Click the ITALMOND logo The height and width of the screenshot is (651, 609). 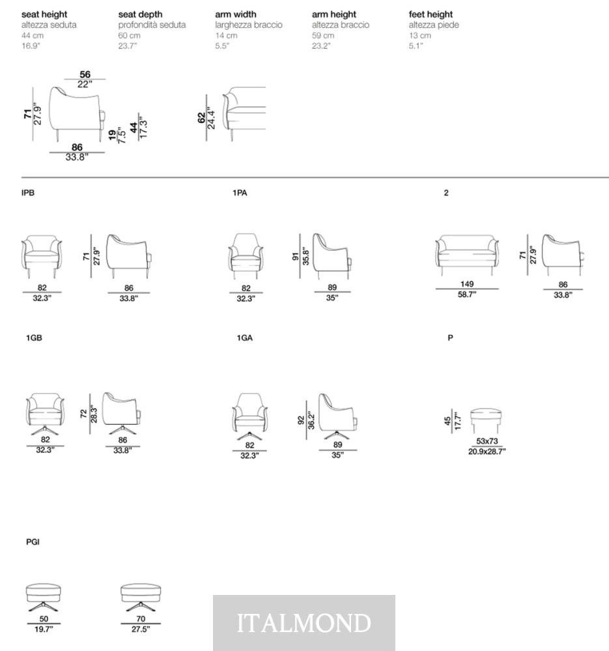pyautogui.click(x=304, y=623)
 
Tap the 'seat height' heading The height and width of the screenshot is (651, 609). pyautogui.click(x=44, y=14)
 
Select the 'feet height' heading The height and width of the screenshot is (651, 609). pyautogui.click(x=431, y=14)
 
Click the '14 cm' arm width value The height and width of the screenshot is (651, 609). pyautogui.click(x=226, y=35)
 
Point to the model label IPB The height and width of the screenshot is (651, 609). pyautogui.click(x=28, y=193)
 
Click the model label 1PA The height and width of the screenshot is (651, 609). pyautogui.click(x=240, y=193)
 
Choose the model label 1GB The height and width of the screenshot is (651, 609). pyautogui.click(x=34, y=338)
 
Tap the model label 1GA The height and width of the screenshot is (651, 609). pyautogui.click(x=245, y=338)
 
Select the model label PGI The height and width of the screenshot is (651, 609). pyautogui.click(x=33, y=542)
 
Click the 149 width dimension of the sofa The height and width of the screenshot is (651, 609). pyautogui.click(x=467, y=284)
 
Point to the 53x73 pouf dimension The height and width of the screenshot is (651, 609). pyautogui.click(x=487, y=441)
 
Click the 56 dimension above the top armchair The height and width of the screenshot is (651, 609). pyautogui.click(x=85, y=74)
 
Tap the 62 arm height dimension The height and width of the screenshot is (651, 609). pyautogui.click(x=202, y=118)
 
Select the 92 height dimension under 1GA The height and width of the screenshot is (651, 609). pyautogui.click(x=301, y=420)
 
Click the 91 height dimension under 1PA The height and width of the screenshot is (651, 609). pyautogui.click(x=295, y=257)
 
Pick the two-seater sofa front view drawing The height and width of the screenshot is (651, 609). pyautogui.click(x=467, y=255)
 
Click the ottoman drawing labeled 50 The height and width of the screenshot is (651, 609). pyautogui.click(x=44, y=598)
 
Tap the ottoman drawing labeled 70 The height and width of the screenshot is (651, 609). pyautogui.click(x=141, y=598)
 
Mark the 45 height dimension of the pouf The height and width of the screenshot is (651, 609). pyautogui.click(x=447, y=421)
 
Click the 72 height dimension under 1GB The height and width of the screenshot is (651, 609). pyautogui.click(x=83, y=414)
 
